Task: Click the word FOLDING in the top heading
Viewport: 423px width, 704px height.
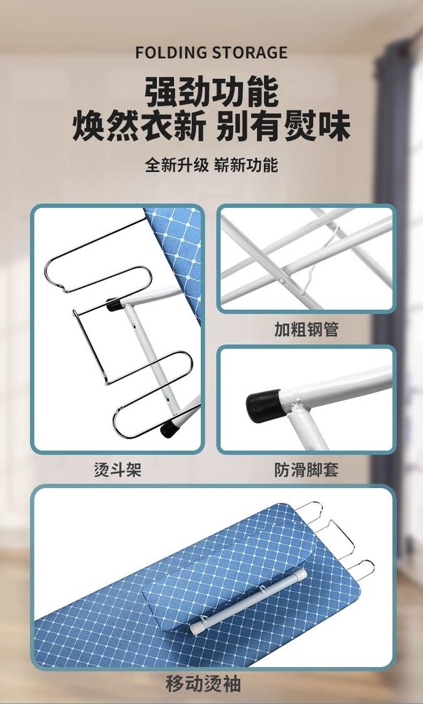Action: [171, 53]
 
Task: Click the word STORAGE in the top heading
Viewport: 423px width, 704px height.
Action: [250, 53]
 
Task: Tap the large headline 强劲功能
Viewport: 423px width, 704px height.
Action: [211, 92]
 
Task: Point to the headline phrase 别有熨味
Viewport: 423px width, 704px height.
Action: [283, 126]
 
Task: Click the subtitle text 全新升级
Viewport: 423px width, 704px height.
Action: [177, 165]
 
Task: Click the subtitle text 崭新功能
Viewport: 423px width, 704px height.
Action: [247, 165]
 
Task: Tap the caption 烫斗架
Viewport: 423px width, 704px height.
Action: [118, 469]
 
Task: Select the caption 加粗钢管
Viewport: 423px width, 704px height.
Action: [306, 330]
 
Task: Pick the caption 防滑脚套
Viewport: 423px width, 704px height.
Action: [306, 469]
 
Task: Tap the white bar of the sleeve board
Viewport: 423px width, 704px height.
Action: [248, 602]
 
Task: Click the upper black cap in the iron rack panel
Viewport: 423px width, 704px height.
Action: [116, 304]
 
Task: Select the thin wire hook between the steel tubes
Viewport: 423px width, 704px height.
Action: [321, 260]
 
